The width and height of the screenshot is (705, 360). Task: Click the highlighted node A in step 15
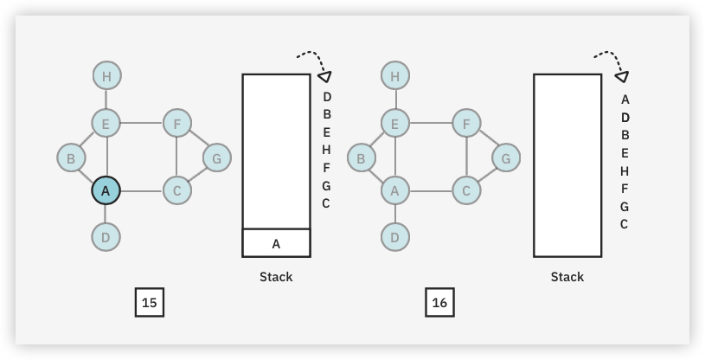(106, 190)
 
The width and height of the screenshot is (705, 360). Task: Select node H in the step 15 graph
(106, 76)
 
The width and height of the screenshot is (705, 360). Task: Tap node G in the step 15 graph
(216, 158)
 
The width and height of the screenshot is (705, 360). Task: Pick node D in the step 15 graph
(106, 235)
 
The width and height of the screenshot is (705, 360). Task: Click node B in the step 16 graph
(360, 158)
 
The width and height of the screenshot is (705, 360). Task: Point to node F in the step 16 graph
(465, 125)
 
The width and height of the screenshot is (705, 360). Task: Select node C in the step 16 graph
(465, 190)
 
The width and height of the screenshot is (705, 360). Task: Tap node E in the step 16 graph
(394, 125)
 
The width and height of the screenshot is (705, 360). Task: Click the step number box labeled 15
(150, 302)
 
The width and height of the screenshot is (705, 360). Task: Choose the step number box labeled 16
(439, 302)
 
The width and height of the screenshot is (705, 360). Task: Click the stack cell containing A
(276, 243)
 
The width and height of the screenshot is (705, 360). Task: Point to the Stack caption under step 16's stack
(567, 277)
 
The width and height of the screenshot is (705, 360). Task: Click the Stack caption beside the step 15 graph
(276, 277)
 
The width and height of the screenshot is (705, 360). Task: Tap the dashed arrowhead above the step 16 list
(621, 76)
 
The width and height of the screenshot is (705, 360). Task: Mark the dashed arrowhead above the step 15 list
(326, 76)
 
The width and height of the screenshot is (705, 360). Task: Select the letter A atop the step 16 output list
(625, 99)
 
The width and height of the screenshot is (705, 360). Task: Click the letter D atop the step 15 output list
(327, 96)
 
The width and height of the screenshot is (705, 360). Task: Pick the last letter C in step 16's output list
(625, 224)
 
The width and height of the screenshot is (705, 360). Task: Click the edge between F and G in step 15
(198, 142)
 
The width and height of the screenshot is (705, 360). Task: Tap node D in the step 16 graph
(394, 235)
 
